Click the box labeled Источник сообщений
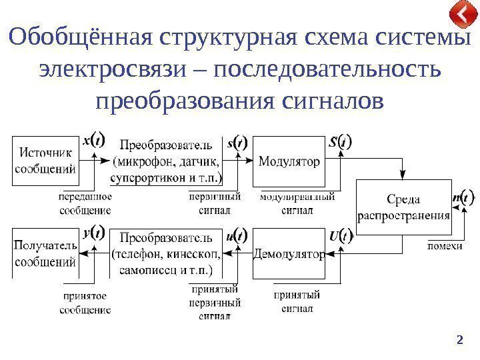click(x=44, y=161)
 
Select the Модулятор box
click(x=289, y=161)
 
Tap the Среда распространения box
click(x=404, y=207)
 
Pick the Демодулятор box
click(x=289, y=253)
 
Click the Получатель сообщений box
click(x=44, y=253)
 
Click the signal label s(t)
click(x=237, y=142)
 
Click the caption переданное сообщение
click(x=85, y=203)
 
